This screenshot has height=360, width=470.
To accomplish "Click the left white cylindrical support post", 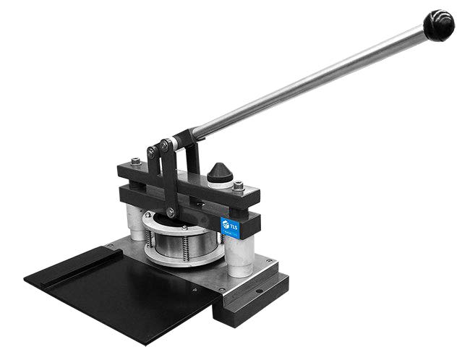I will click(x=134, y=220).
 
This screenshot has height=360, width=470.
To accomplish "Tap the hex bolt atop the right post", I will click(x=239, y=186).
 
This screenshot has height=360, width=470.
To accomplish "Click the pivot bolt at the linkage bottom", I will click(x=171, y=212).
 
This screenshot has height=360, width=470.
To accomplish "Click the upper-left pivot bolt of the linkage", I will click(x=153, y=152).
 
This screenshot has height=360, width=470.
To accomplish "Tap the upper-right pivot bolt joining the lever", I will click(x=167, y=145).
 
